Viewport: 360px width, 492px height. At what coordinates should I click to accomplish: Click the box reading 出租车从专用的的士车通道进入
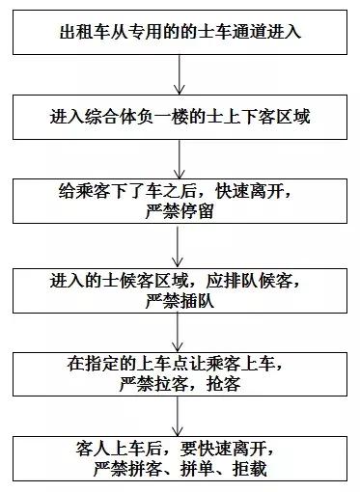[180, 33]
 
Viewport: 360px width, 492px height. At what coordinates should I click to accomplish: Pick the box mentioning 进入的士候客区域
[180, 289]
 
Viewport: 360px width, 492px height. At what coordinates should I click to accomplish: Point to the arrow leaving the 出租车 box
[180, 74]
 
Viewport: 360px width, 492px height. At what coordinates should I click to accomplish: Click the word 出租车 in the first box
[80, 33]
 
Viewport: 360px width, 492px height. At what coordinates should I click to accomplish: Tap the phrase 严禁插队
[180, 300]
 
